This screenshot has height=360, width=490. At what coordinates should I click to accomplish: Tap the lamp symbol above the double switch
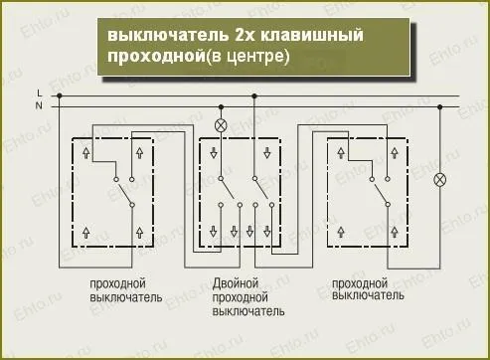pos(223,124)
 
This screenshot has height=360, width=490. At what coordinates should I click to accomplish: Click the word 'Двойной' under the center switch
pos(237,283)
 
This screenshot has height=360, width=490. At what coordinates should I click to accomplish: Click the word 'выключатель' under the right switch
pos(368,296)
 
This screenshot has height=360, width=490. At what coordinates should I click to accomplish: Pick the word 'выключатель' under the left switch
pos(117,296)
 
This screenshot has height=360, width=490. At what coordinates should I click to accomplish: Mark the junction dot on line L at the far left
pos(60,95)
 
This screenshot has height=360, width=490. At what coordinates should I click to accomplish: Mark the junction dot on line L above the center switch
pos(255,95)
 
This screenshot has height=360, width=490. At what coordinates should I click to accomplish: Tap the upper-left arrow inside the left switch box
pos(87,154)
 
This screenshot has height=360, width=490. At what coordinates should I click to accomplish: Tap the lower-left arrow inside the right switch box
pos(340,230)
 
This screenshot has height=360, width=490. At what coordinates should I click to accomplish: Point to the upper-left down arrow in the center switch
pos(216,154)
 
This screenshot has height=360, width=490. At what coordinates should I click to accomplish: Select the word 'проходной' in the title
pos(146,57)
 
